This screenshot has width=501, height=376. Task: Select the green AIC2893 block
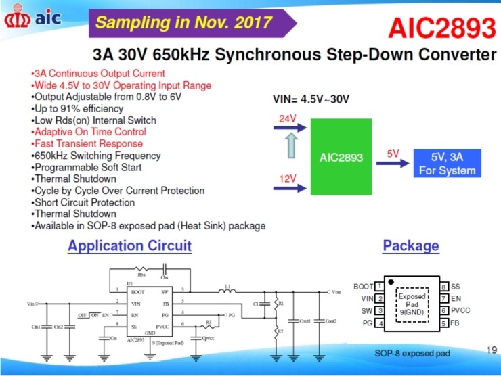pyautogui.click(x=341, y=158)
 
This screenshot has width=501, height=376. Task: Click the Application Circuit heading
pyautogui.click(x=129, y=246)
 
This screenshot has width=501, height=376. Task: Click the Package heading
pyautogui.click(x=410, y=246)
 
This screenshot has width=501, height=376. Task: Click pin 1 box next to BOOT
pyautogui.click(x=380, y=287)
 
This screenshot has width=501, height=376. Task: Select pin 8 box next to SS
pyautogui.click(x=443, y=287)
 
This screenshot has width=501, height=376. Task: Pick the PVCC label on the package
pyautogui.click(x=460, y=310)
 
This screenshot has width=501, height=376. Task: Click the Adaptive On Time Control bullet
pyautogui.click(x=88, y=132)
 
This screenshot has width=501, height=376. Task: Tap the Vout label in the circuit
pyautogui.click(x=336, y=292)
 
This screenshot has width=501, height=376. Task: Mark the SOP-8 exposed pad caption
pyautogui.click(x=412, y=353)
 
